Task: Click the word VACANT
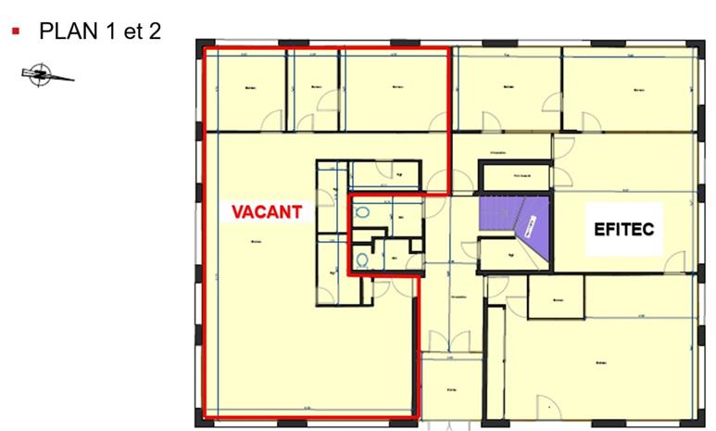click(267, 211)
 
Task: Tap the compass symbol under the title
click(41, 74)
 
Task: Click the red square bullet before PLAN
click(16, 31)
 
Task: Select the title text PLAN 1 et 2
click(100, 31)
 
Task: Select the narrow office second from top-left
click(316, 90)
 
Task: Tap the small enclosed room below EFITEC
click(556, 298)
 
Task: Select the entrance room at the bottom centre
click(451, 388)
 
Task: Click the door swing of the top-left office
click(272, 120)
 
